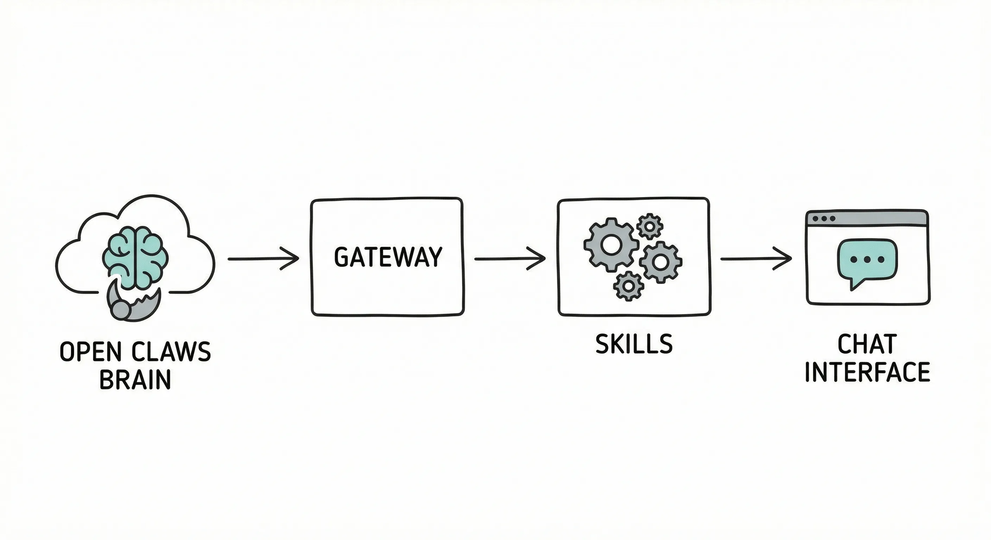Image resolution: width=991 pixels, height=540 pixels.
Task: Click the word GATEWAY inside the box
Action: pos(388,257)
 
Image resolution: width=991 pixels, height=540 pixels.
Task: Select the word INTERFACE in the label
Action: pos(867,372)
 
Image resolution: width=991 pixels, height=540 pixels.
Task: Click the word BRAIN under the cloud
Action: pos(135,379)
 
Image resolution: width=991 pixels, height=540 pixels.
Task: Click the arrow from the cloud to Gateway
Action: pos(264,259)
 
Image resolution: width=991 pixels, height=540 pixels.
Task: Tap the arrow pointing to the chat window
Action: pos(756,259)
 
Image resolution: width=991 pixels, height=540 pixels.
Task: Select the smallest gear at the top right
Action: pos(650,226)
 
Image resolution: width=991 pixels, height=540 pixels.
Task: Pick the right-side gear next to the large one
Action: pos(661,263)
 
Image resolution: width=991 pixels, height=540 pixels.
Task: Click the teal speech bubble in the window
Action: pos(867,259)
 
